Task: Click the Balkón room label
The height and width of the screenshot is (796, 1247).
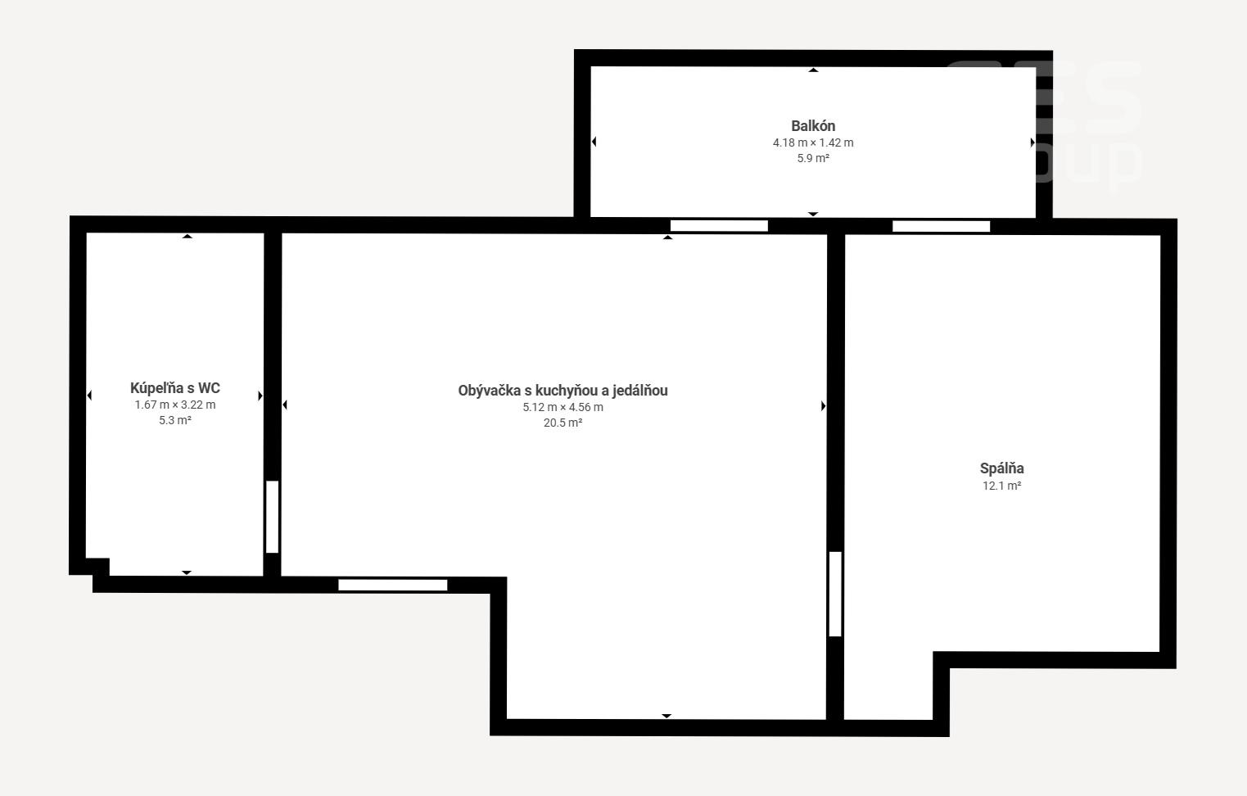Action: click(813, 126)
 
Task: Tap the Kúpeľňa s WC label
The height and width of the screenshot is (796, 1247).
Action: click(174, 388)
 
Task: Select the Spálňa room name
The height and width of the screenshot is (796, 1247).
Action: click(1001, 468)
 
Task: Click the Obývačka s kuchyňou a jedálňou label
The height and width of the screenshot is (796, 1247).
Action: click(563, 391)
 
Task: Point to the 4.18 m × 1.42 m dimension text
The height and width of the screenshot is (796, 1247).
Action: click(813, 142)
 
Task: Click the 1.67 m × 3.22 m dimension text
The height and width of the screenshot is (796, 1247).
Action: click(174, 405)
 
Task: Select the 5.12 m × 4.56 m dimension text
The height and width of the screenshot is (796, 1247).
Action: click(563, 407)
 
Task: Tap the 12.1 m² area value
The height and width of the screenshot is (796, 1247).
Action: click(1001, 486)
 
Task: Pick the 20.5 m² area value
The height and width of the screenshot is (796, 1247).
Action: click(563, 423)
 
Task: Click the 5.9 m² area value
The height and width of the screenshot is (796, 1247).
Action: click(813, 158)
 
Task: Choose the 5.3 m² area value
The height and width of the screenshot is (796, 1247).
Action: click(174, 420)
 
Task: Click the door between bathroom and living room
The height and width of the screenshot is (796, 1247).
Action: click(272, 517)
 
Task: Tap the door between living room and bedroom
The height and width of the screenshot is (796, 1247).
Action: click(835, 594)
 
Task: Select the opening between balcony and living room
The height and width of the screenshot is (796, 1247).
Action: click(719, 225)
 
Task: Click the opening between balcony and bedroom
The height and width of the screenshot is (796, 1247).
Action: click(941, 226)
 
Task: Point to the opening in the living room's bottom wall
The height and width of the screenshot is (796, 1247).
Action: click(392, 585)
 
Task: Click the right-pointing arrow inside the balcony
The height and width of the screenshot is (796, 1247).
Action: click(1032, 142)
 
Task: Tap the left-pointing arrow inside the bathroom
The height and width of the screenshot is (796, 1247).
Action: click(89, 396)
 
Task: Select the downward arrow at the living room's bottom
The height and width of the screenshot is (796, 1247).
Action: click(666, 716)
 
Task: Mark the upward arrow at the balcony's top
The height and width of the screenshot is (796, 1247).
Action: click(813, 70)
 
